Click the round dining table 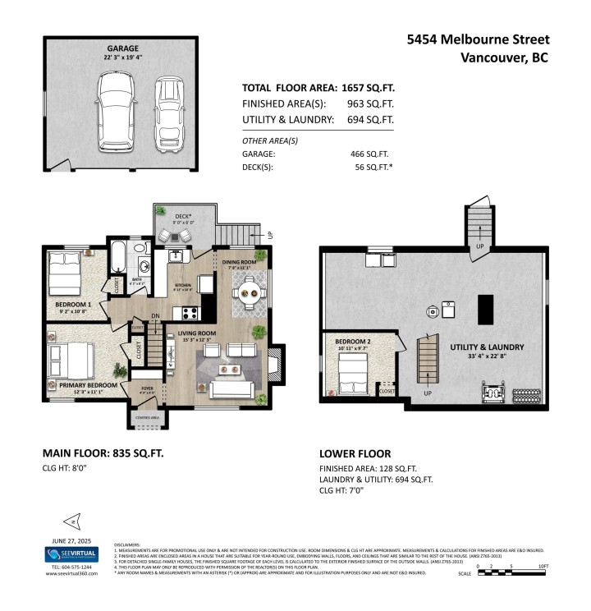click(248, 291)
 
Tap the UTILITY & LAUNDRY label click(487, 347)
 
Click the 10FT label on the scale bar click(543, 567)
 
